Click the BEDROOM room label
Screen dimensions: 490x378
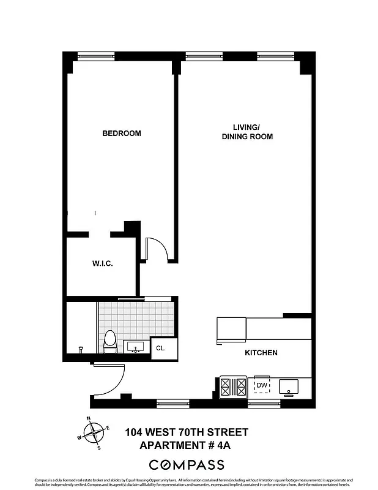tap(121, 133)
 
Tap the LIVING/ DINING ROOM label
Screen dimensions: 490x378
tap(247, 132)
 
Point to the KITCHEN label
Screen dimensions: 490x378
tap(261, 353)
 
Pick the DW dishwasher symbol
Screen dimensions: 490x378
tap(262, 385)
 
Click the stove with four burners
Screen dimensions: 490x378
tap(232, 386)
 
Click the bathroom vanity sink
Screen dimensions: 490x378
tap(136, 347)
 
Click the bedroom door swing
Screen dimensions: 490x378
tap(157, 248)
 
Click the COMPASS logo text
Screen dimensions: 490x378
tap(187, 465)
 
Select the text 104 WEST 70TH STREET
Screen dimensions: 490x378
tap(187, 432)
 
